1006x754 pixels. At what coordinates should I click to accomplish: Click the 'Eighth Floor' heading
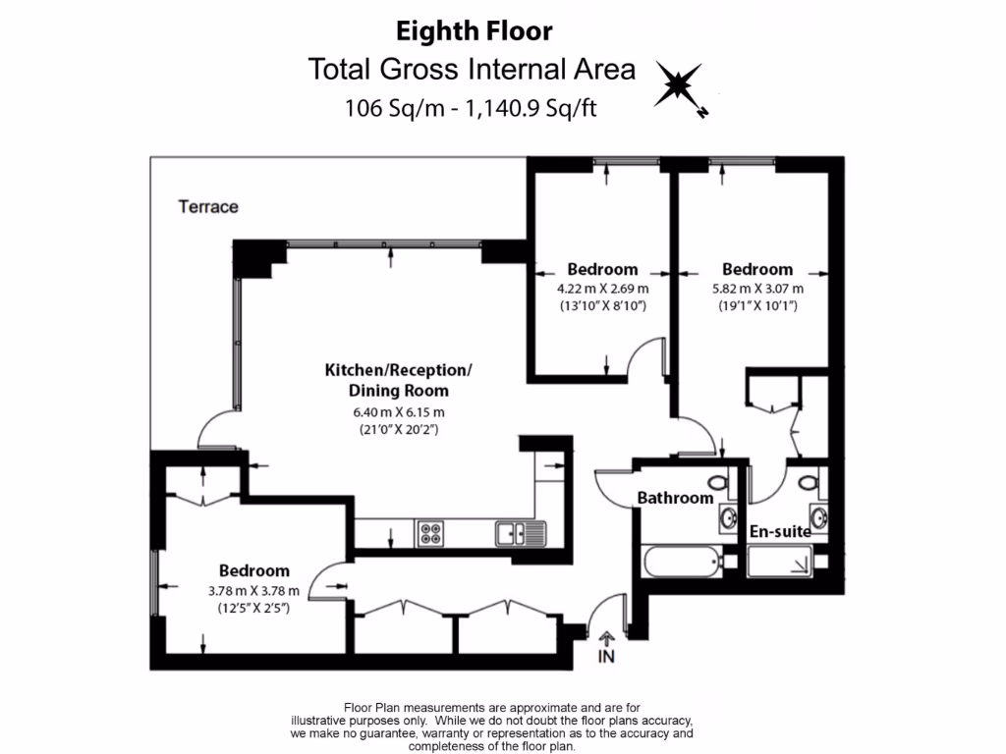pos(474,31)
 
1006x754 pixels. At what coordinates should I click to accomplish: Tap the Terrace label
pos(208,207)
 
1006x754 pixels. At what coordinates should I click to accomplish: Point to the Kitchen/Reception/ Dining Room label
pos(399,380)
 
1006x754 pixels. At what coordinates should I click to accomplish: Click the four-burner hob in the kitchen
pos(430,534)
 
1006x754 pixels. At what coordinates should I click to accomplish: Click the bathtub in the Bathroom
pos(682,563)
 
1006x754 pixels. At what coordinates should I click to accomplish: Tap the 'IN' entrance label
pos(606,657)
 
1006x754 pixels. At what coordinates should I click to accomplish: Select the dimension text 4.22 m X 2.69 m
pos(601,289)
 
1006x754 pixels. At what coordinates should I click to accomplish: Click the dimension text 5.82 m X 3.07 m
pos(756,289)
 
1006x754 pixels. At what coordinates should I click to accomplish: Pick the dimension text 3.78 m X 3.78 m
pos(253,590)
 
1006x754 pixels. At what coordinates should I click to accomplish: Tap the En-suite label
pos(780,531)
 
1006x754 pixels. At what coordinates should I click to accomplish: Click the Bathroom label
pos(675,498)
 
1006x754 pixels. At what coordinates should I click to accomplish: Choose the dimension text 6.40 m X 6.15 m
pos(399,411)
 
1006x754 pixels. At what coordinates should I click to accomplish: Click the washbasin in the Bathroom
pos(728,517)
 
